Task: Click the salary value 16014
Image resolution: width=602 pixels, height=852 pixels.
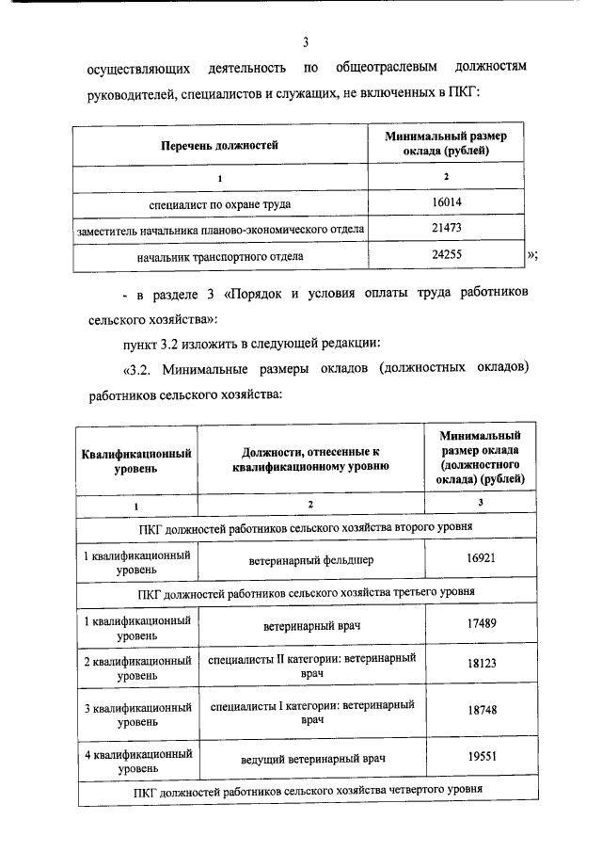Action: (446, 202)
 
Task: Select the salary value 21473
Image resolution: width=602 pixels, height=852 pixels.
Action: (446, 229)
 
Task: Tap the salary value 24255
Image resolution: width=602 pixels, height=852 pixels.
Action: (446, 255)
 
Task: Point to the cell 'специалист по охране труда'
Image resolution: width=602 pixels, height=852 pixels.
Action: (220, 203)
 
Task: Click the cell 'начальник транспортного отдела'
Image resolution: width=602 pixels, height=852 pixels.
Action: (220, 255)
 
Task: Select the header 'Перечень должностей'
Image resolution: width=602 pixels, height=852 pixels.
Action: (220, 146)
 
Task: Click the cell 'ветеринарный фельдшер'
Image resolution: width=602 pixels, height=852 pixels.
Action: (312, 559)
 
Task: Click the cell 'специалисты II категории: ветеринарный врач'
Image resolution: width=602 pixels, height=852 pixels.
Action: (312, 665)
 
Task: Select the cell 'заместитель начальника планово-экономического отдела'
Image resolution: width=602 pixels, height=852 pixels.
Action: (220, 230)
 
